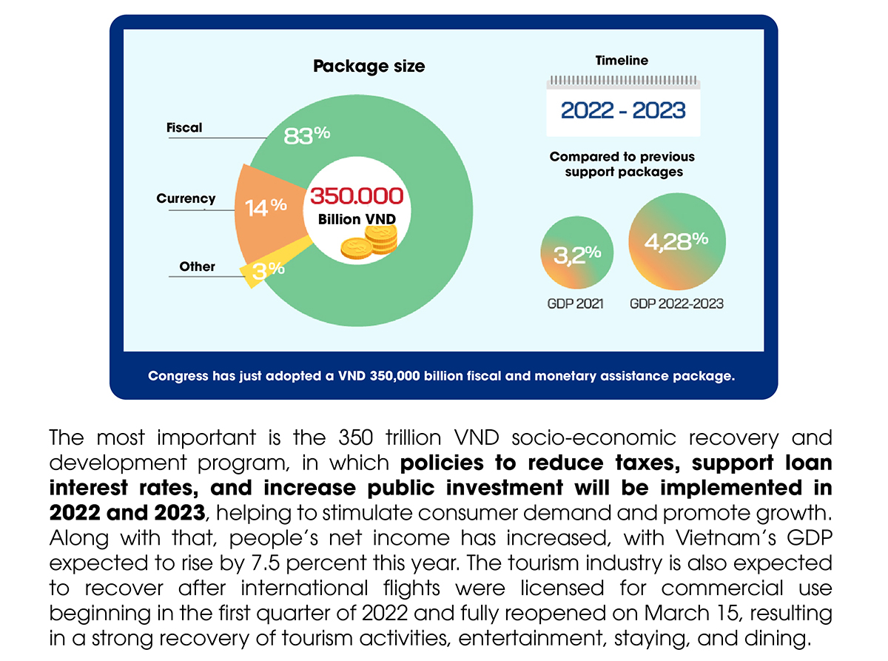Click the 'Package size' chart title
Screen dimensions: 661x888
(x=369, y=66)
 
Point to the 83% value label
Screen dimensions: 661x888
(x=306, y=135)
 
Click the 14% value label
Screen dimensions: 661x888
(x=266, y=208)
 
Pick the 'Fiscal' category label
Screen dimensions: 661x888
(x=184, y=127)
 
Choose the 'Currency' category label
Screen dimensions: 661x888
(x=186, y=198)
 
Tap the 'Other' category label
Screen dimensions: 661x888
(x=197, y=266)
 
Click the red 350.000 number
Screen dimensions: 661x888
(x=357, y=196)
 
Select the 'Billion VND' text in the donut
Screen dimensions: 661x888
(x=357, y=219)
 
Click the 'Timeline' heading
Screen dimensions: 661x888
(x=622, y=61)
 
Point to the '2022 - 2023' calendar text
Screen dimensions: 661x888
(x=623, y=111)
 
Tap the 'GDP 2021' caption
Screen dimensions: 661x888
(x=576, y=303)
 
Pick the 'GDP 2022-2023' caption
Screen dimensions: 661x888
(x=676, y=303)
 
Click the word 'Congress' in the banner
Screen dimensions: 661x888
(x=178, y=375)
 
